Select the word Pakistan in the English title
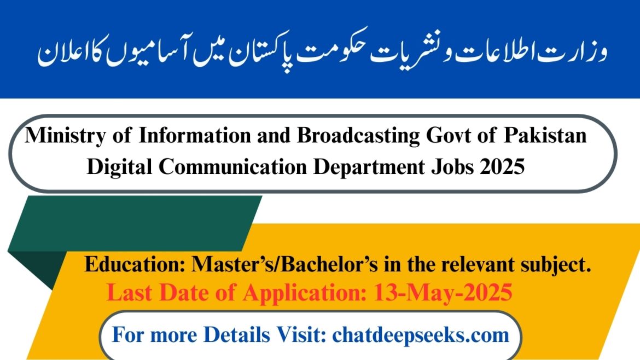tap(545, 136)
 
